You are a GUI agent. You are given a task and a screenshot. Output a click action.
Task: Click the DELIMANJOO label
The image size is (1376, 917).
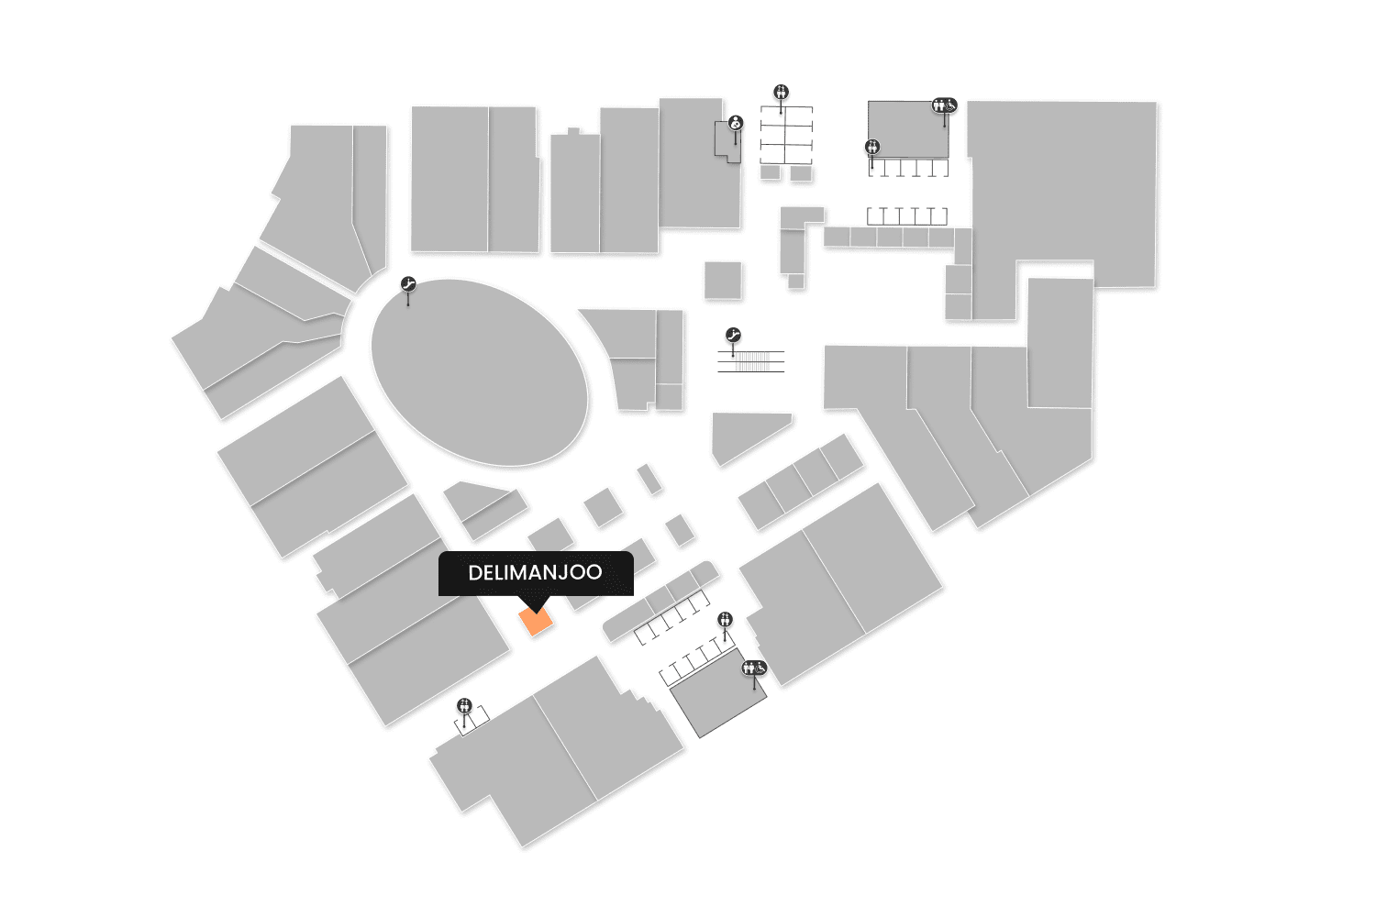tap(535, 573)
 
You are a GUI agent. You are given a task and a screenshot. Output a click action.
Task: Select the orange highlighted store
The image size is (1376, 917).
tap(536, 623)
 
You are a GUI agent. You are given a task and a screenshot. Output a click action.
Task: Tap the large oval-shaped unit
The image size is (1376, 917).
tap(479, 372)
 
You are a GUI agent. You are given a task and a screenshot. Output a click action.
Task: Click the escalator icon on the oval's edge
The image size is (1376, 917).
tap(408, 285)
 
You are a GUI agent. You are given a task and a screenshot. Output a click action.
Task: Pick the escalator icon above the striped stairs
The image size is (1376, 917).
tap(732, 336)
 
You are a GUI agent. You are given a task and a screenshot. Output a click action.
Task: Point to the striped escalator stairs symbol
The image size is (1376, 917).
tap(751, 361)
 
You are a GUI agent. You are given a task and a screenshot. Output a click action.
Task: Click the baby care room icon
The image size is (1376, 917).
tap(735, 123)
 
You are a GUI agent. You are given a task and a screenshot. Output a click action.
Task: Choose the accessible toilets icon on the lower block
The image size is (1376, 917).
tap(754, 668)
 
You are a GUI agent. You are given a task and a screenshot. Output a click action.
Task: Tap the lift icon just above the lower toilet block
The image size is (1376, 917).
tap(726, 619)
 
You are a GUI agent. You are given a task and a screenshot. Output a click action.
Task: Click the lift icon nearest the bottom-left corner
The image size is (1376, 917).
tap(464, 705)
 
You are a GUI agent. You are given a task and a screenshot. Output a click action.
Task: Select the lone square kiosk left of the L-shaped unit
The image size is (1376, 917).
tap(723, 280)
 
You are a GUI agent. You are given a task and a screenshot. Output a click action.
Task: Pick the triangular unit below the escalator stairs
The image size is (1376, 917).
tap(741, 437)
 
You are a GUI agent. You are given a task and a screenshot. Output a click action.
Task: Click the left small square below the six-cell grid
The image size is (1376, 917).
tap(770, 172)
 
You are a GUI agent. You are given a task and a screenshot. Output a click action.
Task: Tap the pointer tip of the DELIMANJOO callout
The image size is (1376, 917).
tap(536, 609)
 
